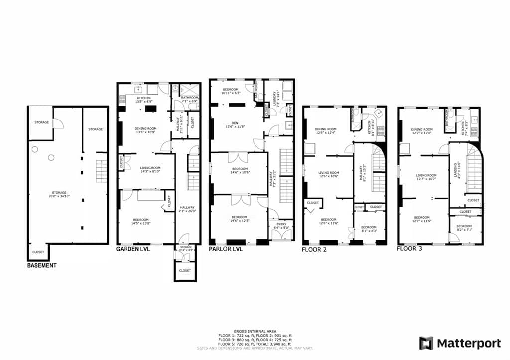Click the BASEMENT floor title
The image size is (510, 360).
tap(41, 266)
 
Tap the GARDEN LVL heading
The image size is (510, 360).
tap(132, 249)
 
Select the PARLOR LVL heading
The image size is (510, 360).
tap(225, 249)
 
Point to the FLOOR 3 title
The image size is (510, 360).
tap(409, 248)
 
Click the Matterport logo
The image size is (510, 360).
tap(460, 343)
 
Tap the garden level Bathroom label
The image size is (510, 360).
tap(190, 99)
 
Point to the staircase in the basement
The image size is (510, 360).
tap(101, 171)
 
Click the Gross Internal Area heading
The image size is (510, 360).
tap(255, 331)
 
